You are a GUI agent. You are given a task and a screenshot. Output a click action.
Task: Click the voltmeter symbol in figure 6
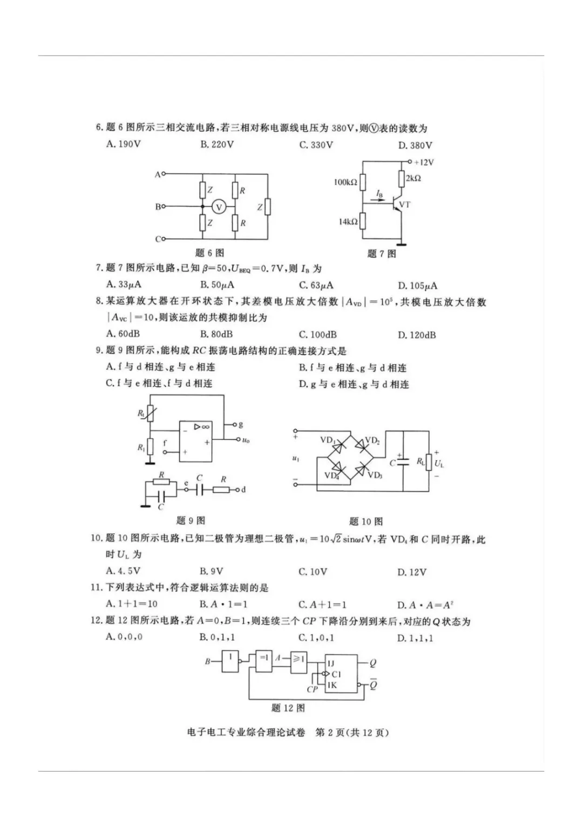[x=219, y=207]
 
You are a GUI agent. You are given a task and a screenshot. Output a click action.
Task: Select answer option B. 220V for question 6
[x=217, y=145]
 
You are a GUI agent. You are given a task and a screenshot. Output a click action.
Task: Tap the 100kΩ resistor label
[x=345, y=182]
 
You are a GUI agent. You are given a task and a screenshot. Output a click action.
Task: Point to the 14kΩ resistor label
[x=348, y=222]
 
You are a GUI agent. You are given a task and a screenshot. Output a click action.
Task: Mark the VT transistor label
[x=405, y=205]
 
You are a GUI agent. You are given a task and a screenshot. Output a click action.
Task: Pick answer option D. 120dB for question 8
[x=416, y=335]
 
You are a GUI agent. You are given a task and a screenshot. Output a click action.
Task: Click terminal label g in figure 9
[x=241, y=425]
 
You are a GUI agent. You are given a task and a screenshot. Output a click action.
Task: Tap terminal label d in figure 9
[x=243, y=489]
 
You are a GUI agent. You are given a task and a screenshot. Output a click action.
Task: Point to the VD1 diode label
[x=327, y=440]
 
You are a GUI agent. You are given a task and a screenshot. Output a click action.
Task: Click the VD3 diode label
[x=375, y=475]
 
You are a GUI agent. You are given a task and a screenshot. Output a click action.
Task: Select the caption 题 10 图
[x=366, y=521]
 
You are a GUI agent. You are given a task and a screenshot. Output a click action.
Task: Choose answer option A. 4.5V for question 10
[x=124, y=571]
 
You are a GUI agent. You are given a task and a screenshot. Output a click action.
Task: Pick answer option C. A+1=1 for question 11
[x=322, y=605]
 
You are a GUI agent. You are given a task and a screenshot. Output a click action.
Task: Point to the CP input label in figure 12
[x=312, y=689]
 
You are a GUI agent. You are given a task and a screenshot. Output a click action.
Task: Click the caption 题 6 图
[x=209, y=252]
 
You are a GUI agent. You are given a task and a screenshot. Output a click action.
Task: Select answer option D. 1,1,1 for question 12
[x=415, y=638]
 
